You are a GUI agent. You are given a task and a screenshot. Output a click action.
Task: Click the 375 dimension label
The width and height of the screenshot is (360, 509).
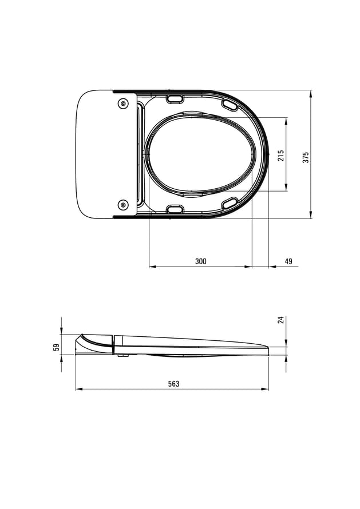(306, 157)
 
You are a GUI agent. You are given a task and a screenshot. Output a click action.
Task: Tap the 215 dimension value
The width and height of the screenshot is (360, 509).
(281, 155)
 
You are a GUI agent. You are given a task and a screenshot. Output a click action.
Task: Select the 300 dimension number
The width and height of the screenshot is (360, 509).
(201, 261)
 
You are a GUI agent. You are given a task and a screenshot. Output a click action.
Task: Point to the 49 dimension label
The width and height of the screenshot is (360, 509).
(288, 261)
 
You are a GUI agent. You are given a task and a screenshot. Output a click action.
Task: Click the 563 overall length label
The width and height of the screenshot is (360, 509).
(173, 384)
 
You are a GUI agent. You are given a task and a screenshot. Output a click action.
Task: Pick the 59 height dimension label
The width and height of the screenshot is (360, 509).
(57, 347)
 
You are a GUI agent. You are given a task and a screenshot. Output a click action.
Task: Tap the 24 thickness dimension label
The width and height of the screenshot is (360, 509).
(282, 320)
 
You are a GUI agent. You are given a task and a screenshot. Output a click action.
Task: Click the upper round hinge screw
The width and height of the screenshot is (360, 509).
(123, 103)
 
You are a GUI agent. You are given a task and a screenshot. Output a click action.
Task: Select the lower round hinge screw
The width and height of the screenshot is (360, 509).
(123, 205)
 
